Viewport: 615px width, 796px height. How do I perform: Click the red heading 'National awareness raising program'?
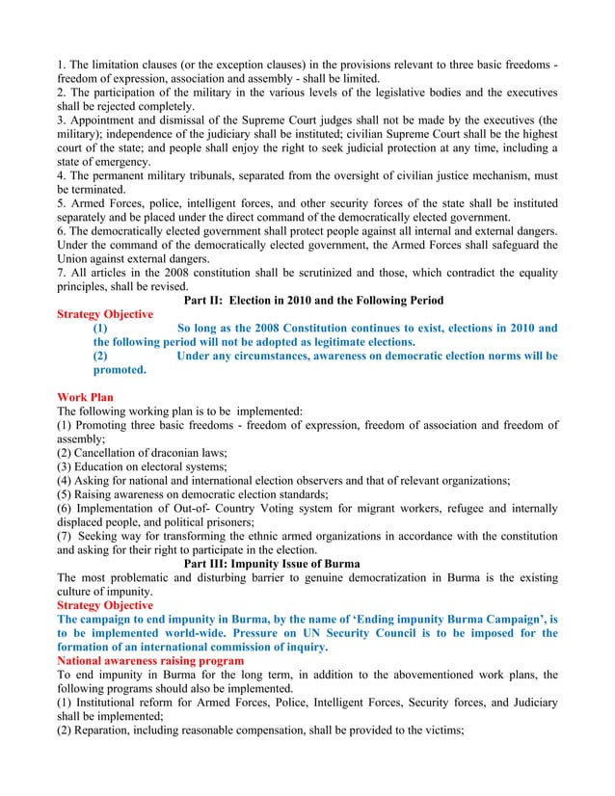tap(150, 661)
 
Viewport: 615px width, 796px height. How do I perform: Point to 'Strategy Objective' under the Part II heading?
tap(105, 314)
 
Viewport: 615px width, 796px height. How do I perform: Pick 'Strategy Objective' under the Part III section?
tap(105, 605)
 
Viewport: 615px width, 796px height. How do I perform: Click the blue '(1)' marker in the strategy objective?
tap(100, 329)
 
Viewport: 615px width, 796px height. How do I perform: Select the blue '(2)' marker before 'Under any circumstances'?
tap(100, 356)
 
